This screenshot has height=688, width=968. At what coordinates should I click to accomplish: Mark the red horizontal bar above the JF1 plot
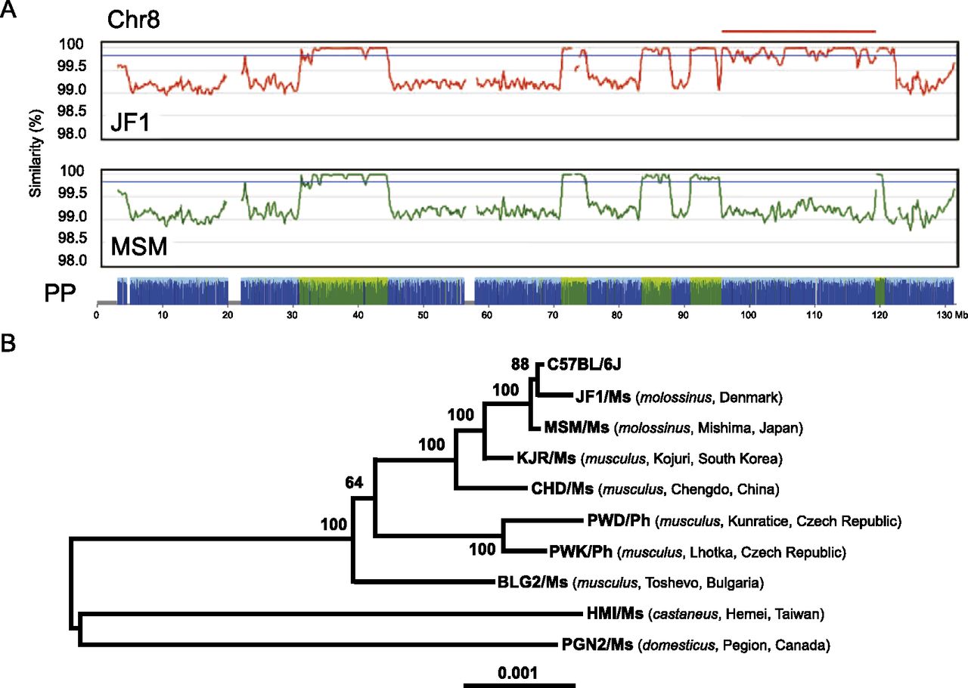coord(799,31)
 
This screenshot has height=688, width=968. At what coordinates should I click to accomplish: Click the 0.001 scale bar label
coord(519,672)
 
